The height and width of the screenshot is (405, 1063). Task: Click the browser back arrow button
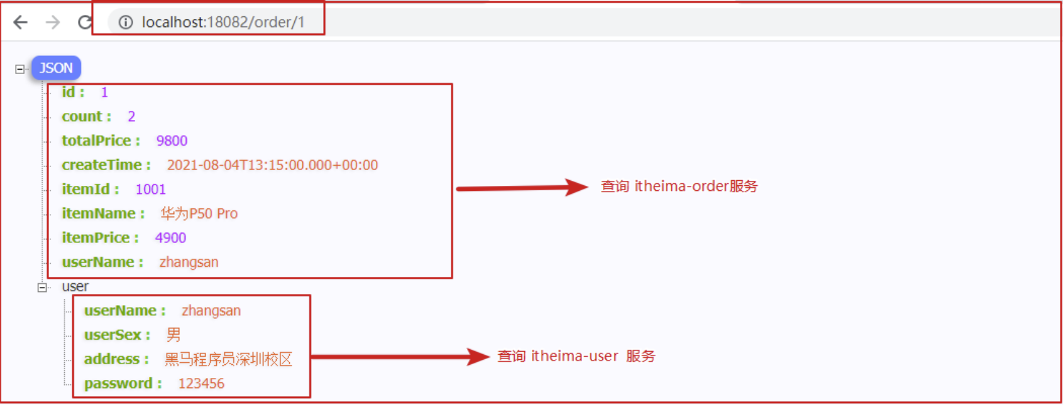pyautogui.click(x=21, y=23)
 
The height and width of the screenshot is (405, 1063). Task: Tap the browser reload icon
pyautogui.click(x=85, y=23)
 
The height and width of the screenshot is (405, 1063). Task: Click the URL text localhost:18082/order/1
pyautogui.click(x=223, y=23)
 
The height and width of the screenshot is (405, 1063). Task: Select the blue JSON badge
pyautogui.click(x=56, y=68)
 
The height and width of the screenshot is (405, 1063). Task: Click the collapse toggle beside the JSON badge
pyautogui.click(x=20, y=69)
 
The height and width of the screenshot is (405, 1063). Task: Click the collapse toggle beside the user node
pyautogui.click(x=42, y=288)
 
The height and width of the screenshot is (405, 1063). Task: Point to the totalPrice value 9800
pyautogui.click(x=172, y=141)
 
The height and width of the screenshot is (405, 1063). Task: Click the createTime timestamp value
pyautogui.click(x=272, y=165)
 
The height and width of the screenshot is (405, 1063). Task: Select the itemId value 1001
pyautogui.click(x=150, y=190)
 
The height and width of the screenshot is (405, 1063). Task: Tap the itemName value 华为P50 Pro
pyautogui.click(x=199, y=213)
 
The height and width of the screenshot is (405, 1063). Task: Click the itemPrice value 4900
pyautogui.click(x=170, y=238)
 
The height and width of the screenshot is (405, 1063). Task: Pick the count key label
pyautogui.click(x=82, y=117)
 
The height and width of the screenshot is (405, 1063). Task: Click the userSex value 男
pyautogui.click(x=173, y=335)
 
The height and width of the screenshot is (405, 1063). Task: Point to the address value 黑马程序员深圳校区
pyautogui.click(x=228, y=359)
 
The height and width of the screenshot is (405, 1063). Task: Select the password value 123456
pyautogui.click(x=201, y=384)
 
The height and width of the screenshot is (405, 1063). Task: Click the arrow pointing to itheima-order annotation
pyautogui.click(x=522, y=187)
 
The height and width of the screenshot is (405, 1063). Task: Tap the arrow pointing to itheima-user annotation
pyautogui.click(x=400, y=357)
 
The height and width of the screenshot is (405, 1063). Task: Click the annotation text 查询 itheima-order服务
pyautogui.click(x=679, y=186)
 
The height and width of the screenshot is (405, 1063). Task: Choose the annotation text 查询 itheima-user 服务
pyautogui.click(x=576, y=357)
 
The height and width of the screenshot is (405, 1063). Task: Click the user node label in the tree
pyautogui.click(x=75, y=287)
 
